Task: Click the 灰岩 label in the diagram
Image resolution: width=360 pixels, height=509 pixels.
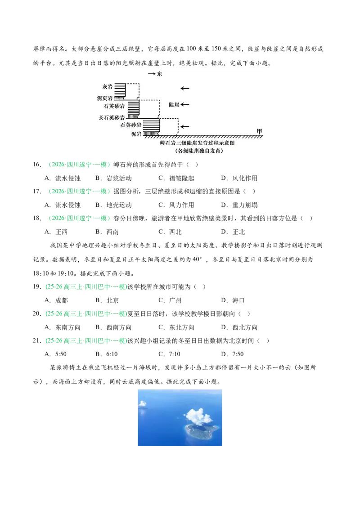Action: (108, 87)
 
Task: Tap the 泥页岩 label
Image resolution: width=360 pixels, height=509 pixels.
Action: (105, 98)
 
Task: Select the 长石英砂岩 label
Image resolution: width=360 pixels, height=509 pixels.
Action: (112, 117)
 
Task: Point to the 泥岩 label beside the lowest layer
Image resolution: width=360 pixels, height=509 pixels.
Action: (136, 134)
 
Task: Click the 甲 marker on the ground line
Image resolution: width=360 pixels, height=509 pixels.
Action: (259, 131)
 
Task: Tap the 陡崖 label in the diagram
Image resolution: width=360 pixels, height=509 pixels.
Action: (174, 104)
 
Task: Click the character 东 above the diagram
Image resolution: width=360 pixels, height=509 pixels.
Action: (159, 74)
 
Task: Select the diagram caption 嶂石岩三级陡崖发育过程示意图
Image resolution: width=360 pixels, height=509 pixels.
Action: (197, 143)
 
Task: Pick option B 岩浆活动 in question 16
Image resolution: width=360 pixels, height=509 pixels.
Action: (114, 178)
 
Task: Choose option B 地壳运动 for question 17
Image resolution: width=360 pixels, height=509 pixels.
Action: (114, 205)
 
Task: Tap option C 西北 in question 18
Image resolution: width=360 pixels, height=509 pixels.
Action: (170, 232)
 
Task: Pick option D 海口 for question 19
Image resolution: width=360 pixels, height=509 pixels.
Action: (233, 301)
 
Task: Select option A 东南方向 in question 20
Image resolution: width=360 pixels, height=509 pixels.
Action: (63, 327)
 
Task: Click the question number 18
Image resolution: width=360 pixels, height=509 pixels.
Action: (37, 218)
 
